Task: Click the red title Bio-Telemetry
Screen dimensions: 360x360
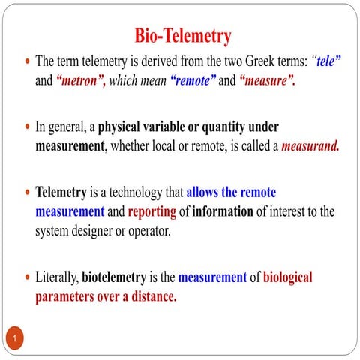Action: pyautogui.click(x=183, y=35)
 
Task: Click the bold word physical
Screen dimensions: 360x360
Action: pyautogui.click(x=124, y=127)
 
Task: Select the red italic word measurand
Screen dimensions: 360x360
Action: pyautogui.click(x=310, y=145)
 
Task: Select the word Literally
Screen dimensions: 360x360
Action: pyautogui.click(x=57, y=277)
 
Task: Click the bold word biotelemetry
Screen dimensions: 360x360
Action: pyautogui.click(x=119, y=277)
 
